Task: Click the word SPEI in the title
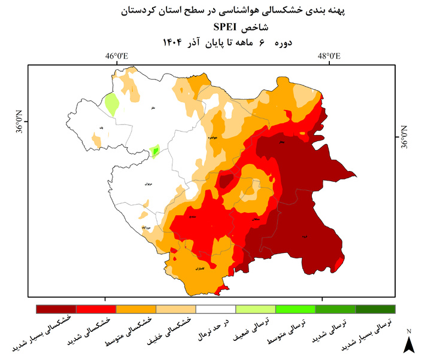click(x=226, y=27)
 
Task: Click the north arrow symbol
click(x=409, y=343)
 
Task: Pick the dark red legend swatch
click(x=56, y=309)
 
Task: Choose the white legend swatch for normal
click(x=215, y=309)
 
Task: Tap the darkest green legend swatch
click(x=375, y=309)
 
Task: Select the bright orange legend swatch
click(x=136, y=309)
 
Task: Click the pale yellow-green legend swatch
click(x=256, y=309)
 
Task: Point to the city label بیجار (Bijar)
click(x=281, y=142)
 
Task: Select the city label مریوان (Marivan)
click(x=148, y=184)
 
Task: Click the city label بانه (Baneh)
click(x=101, y=127)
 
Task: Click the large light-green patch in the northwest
click(x=111, y=104)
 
